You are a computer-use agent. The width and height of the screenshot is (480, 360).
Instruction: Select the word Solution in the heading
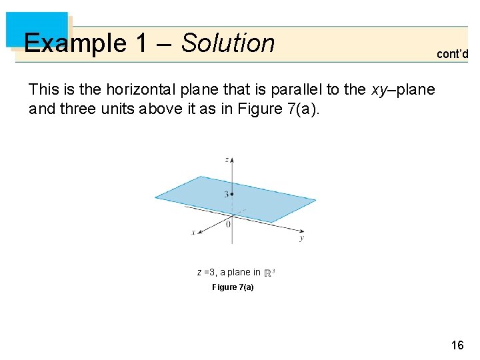coord(228,43)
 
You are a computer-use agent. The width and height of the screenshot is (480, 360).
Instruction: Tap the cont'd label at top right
coord(452,55)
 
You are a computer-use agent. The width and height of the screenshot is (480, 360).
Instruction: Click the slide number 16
coord(457,345)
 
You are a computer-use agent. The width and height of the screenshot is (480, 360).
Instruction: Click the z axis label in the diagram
coord(227,160)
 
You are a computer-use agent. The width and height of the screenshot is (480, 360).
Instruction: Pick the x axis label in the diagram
coord(193,232)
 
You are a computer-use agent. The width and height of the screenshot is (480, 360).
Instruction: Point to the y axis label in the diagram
coord(301,237)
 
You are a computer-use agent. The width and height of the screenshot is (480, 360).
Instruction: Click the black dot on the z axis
coord(231,194)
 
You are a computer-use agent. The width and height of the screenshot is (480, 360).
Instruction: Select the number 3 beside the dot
coord(226,195)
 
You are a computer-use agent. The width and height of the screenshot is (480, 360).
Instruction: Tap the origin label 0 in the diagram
coord(228,224)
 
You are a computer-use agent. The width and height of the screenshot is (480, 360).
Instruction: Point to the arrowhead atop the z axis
coord(231,161)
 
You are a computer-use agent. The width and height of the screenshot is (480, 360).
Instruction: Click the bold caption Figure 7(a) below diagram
coord(233,287)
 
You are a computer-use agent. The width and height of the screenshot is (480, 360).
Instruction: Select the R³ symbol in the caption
coord(270,272)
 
